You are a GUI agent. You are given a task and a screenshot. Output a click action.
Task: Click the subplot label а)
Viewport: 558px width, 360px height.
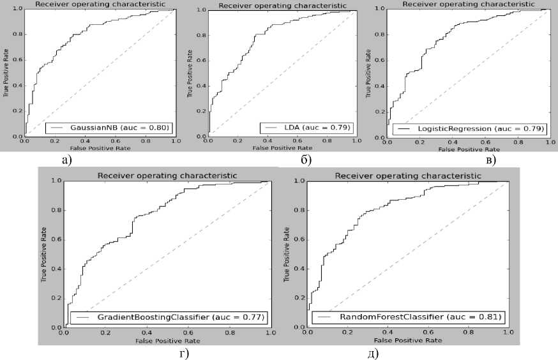tap(66, 159)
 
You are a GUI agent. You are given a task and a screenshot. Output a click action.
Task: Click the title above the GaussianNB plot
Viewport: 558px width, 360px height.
tap(99, 4)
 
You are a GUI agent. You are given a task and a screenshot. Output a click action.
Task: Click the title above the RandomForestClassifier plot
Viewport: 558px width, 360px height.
tap(408, 176)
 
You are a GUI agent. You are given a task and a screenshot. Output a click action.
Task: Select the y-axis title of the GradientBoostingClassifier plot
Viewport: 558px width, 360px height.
tap(44, 254)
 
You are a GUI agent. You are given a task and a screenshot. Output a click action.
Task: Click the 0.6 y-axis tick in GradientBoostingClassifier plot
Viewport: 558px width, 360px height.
tap(57, 239)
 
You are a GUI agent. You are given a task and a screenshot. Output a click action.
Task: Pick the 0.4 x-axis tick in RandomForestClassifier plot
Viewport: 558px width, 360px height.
tap(388, 333)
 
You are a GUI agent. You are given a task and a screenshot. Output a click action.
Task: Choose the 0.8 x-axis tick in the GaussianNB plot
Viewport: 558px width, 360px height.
tap(146, 142)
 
